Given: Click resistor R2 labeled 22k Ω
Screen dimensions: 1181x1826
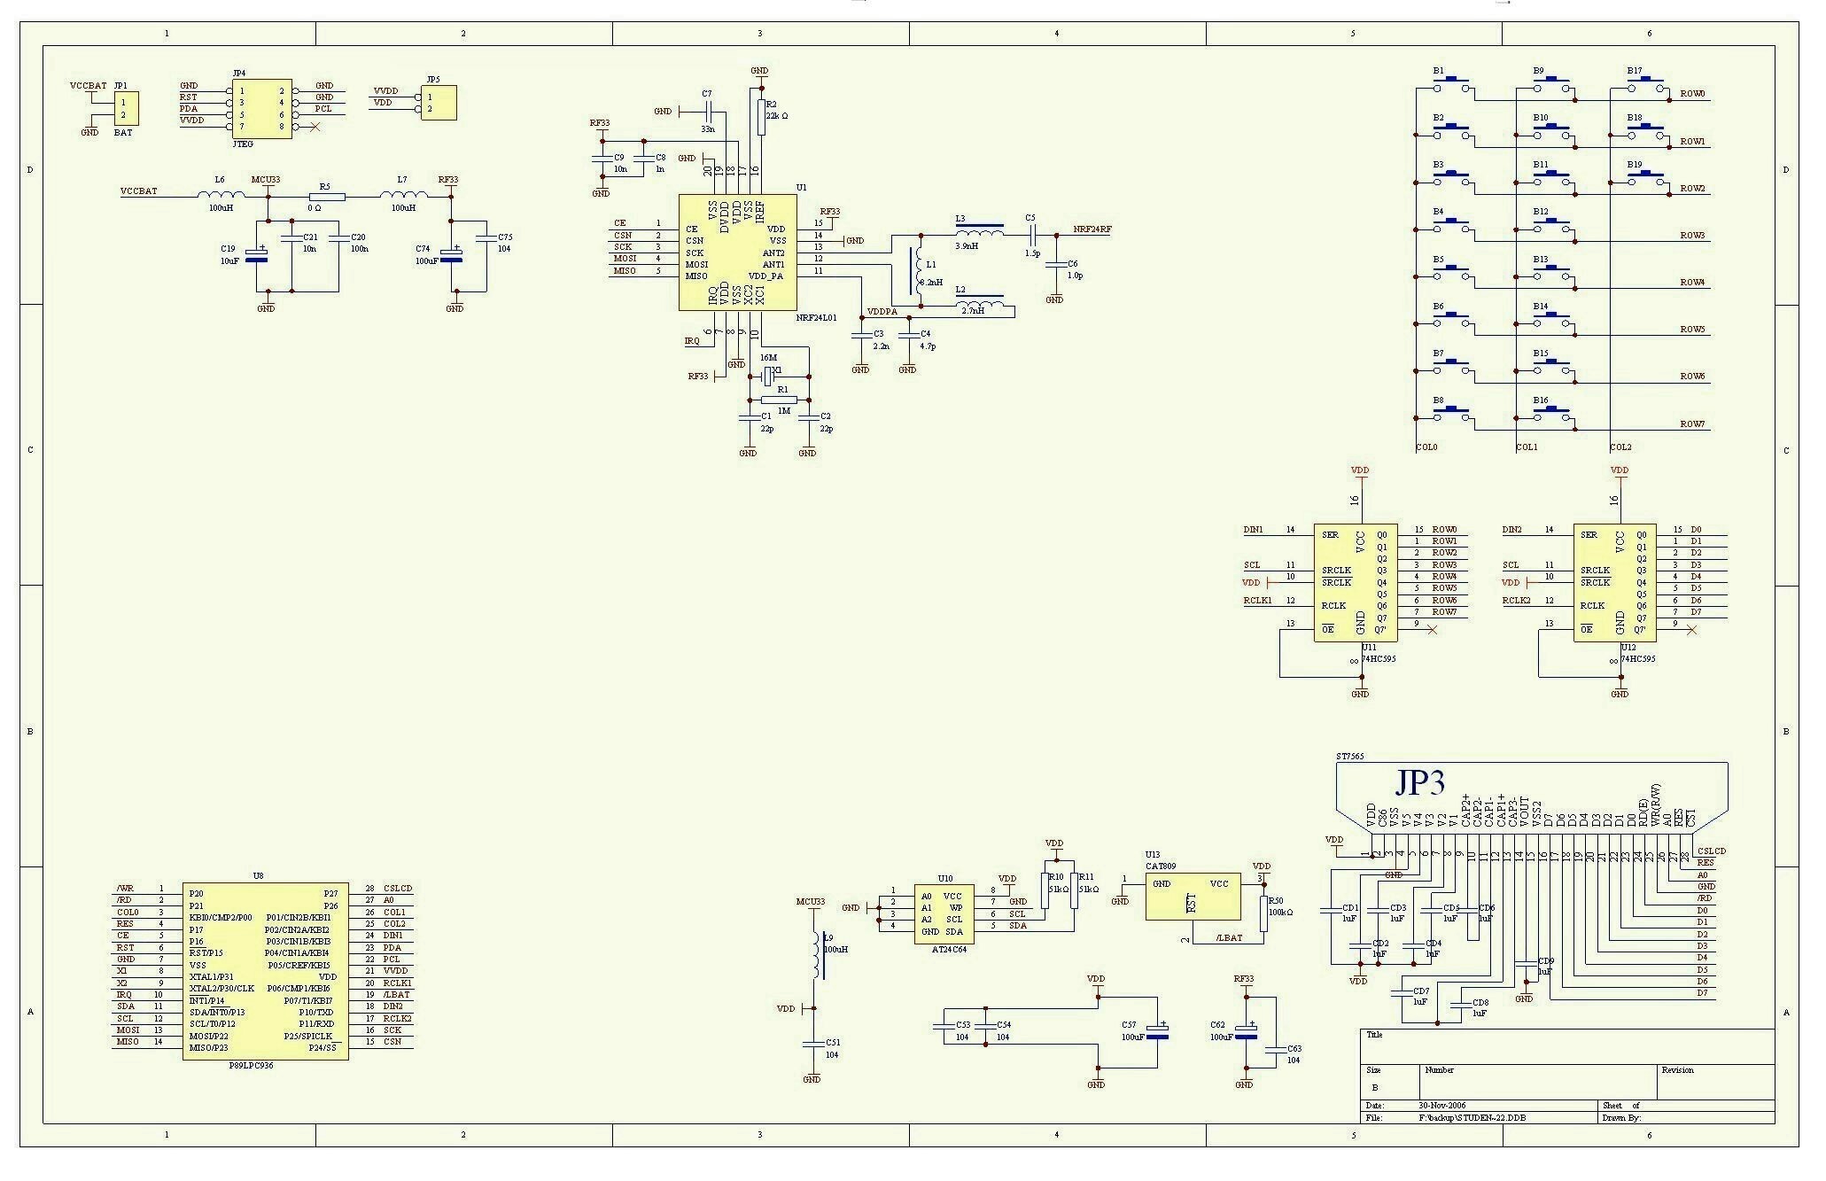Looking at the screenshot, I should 761,116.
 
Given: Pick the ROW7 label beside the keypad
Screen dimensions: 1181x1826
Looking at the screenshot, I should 1692,424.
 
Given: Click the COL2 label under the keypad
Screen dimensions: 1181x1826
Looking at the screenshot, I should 1620,447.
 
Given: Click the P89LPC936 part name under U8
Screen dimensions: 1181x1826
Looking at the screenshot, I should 251,1066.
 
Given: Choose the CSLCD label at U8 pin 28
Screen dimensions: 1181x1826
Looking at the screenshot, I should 398,888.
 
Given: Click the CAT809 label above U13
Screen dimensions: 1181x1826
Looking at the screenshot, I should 1162,866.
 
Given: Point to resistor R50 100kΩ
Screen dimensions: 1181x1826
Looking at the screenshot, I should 1264,913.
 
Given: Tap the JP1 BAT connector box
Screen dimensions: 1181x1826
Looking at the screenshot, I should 125,109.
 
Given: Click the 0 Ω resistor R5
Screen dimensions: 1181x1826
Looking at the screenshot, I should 325,197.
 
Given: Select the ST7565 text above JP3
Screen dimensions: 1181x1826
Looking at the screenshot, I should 1349,757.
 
